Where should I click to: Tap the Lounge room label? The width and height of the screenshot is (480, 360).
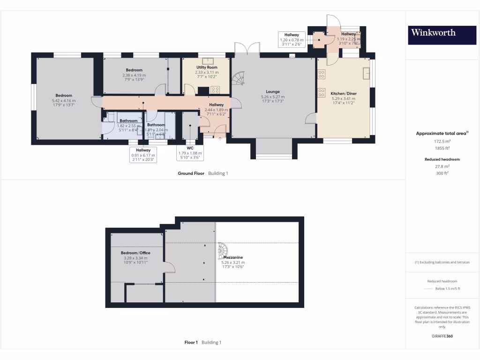273,92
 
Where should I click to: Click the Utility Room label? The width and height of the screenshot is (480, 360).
207,67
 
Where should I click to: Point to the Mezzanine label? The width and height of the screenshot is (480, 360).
233,257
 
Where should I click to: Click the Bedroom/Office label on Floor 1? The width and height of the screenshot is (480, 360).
135,253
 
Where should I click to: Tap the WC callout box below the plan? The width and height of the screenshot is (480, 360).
190,153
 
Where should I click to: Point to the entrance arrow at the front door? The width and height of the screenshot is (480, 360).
220,138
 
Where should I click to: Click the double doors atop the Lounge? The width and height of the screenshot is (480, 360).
247,49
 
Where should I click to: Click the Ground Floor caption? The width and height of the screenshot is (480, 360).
191,173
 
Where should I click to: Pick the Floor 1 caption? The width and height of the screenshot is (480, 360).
191,343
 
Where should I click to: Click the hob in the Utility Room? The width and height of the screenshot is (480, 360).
215,90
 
